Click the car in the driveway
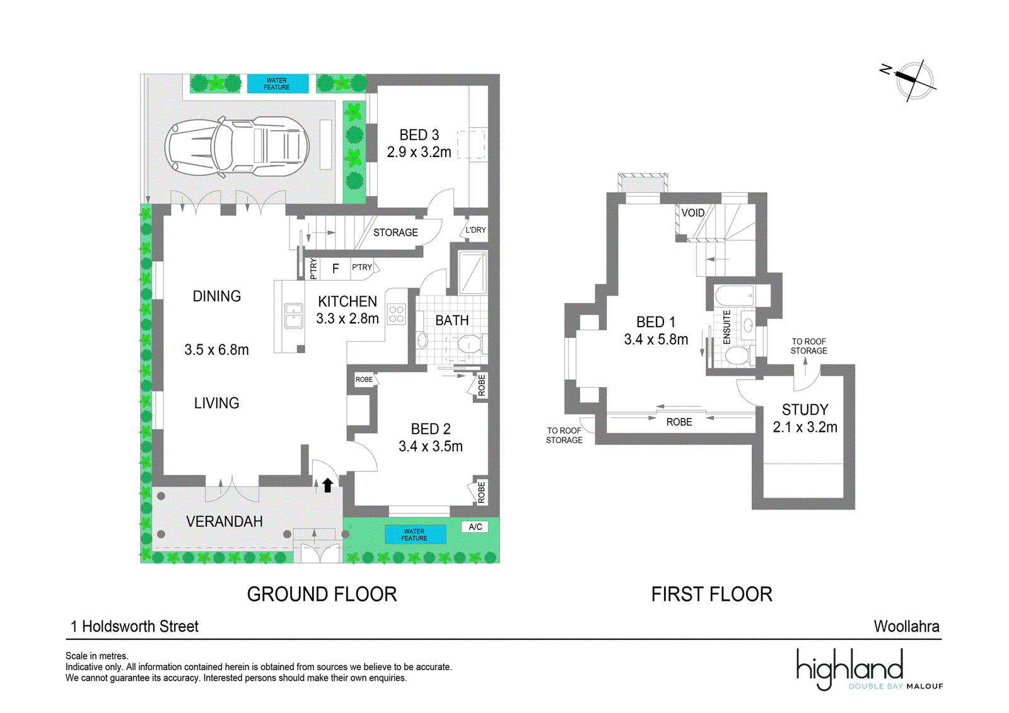tap(237, 146)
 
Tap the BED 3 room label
tap(419, 135)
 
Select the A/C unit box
tap(475, 526)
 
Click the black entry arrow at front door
tap(327, 485)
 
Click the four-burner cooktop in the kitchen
tap(397, 314)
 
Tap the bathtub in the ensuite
tap(735, 295)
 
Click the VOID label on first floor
tap(693, 212)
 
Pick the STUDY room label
tap(805, 409)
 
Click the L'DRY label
tap(475, 229)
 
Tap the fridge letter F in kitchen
tap(335, 269)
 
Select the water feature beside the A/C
tap(415, 535)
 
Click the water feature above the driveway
tap(277, 84)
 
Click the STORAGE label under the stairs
tap(395, 233)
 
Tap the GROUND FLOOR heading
tap(322, 594)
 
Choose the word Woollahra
tap(906, 626)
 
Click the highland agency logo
tap(870, 670)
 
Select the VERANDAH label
tap(225, 521)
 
